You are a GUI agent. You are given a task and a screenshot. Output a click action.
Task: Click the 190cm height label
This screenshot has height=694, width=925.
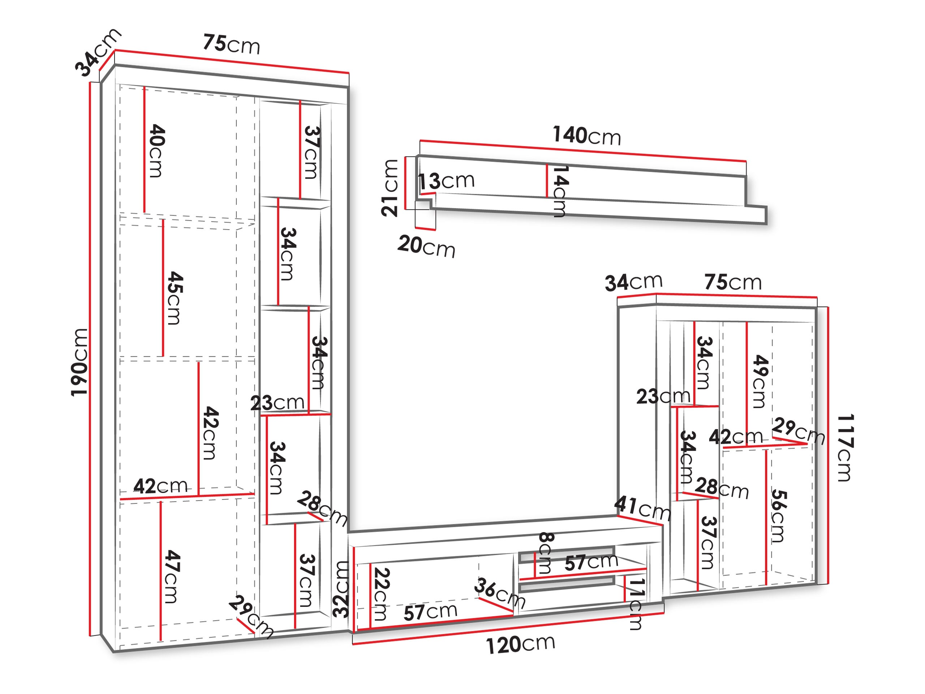(79, 362)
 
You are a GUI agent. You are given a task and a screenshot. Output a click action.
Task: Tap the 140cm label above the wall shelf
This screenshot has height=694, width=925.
(586, 136)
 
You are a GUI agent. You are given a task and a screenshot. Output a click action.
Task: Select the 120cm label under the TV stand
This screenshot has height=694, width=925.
(520, 644)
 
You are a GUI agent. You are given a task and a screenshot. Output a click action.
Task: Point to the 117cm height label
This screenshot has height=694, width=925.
(845, 447)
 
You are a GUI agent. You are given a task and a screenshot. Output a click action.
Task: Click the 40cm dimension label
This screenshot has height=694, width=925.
(157, 151)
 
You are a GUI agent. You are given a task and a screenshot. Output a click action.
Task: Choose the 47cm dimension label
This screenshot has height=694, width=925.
(172, 577)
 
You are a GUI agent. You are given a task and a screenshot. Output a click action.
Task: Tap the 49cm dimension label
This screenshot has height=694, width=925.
(760, 381)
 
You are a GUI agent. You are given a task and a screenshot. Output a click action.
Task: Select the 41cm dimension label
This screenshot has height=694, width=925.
(642, 508)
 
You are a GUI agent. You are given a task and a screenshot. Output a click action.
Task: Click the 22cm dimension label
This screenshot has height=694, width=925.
(380, 594)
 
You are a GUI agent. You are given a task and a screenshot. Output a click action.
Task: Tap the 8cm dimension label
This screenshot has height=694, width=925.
(545, 553)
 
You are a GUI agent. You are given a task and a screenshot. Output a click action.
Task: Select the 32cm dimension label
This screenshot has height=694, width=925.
(341, 589)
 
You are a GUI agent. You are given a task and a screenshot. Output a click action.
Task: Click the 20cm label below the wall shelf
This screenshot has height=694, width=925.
(426, 247)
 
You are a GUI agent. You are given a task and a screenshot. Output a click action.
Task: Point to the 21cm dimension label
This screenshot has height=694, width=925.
(390, 188)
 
